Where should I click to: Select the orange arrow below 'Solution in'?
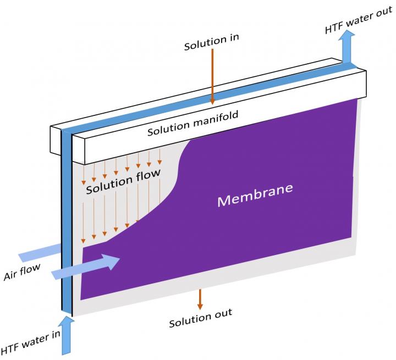click(212, 77)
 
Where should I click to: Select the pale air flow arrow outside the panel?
click(38, 253)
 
